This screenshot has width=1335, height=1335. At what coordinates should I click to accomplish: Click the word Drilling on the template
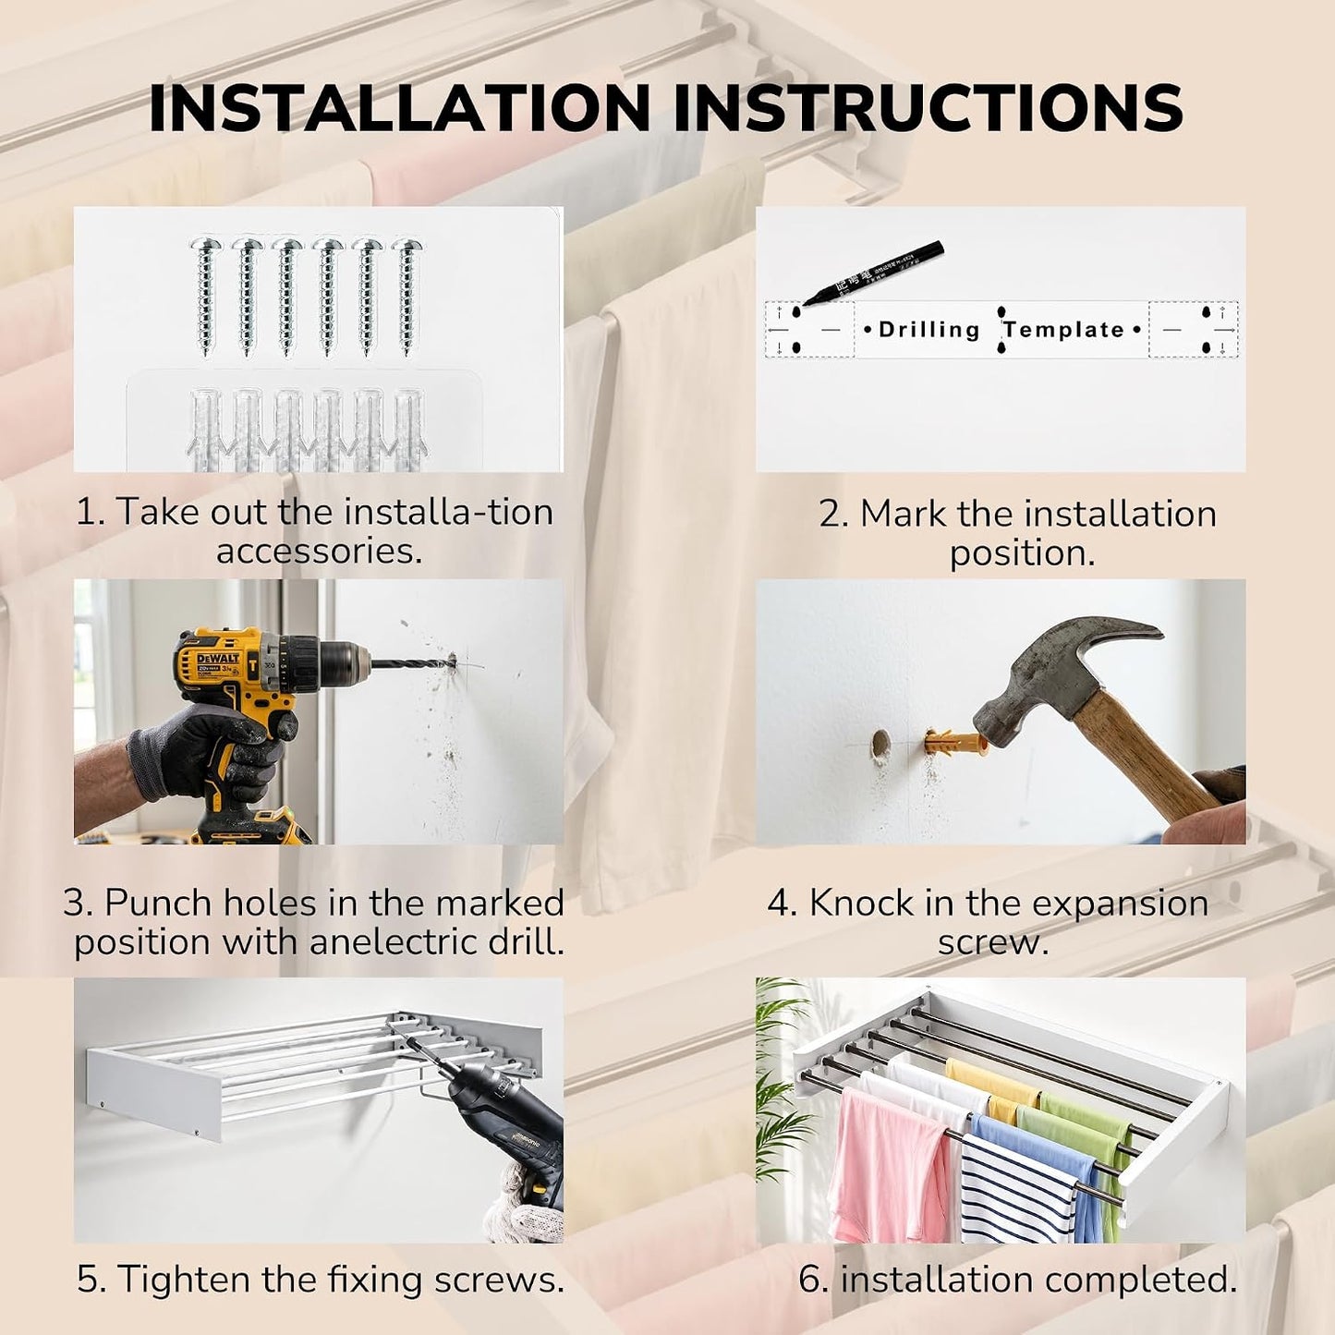pyautogui.click(x=928, y=330)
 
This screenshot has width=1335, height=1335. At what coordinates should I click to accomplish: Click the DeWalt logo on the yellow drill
pyautogui.click(x=217, y=658)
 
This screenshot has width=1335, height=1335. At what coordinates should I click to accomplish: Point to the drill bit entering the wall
pyautogui.click(x=410, y=662)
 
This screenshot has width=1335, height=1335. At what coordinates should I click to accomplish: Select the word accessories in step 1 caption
pyautogui.click(x=319, y=552)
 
